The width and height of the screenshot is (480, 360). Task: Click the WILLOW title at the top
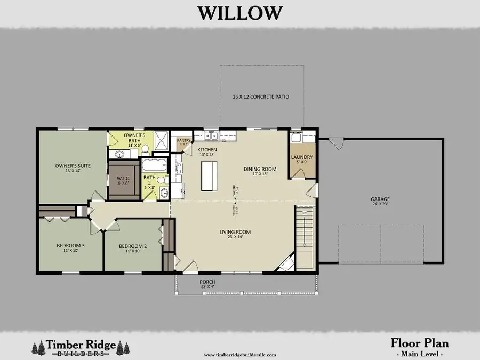coord(240,12)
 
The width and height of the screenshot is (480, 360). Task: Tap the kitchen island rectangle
coord(210,176)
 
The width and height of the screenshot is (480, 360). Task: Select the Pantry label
coord(184,142)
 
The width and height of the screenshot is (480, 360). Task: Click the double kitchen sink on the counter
coord(212,135)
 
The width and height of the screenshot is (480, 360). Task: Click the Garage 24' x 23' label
coord(380,202)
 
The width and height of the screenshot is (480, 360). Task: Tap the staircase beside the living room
coord(305,237)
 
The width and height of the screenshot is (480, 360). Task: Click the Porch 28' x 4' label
coord(207,284)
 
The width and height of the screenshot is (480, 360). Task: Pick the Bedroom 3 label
coord(70,248)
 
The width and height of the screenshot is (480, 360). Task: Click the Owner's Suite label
coord(73,168)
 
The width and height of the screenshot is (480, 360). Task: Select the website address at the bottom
coord(240,354)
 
